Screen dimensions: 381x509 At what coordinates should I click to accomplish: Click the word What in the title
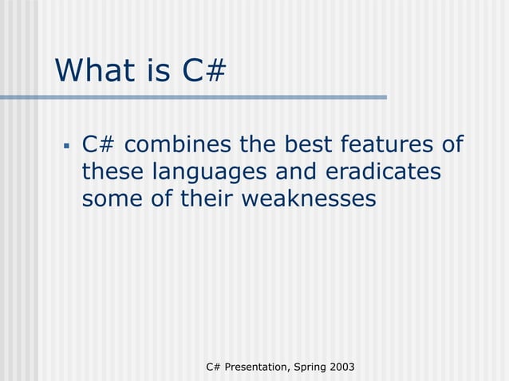point(94,70)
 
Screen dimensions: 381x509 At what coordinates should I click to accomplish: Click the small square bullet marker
point(67,147)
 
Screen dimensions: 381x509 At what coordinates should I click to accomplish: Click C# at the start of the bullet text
point(99,145)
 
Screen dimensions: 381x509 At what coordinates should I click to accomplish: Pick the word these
point(112,171)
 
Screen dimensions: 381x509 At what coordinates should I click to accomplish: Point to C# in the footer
point(213,366)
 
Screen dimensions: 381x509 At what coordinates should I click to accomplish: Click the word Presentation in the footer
point(257,366)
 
